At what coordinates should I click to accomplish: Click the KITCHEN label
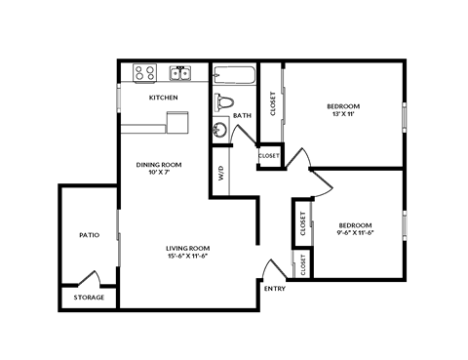[x=163, y=99]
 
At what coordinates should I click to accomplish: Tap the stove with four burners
[x=145, y=72]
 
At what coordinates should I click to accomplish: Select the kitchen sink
[x=179, y=72]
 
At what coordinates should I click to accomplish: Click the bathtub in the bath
[x=234, y=74]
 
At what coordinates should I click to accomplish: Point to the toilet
[x=226, y=100]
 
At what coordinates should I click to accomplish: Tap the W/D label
[x=221, y=176]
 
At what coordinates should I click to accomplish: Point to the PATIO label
[x=90, y=235]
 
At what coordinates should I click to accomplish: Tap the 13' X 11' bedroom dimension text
[x=343, y=114]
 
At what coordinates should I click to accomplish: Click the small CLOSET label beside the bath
[x=269, y=156]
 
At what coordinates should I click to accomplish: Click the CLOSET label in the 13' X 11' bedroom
[x=272, y=103]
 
